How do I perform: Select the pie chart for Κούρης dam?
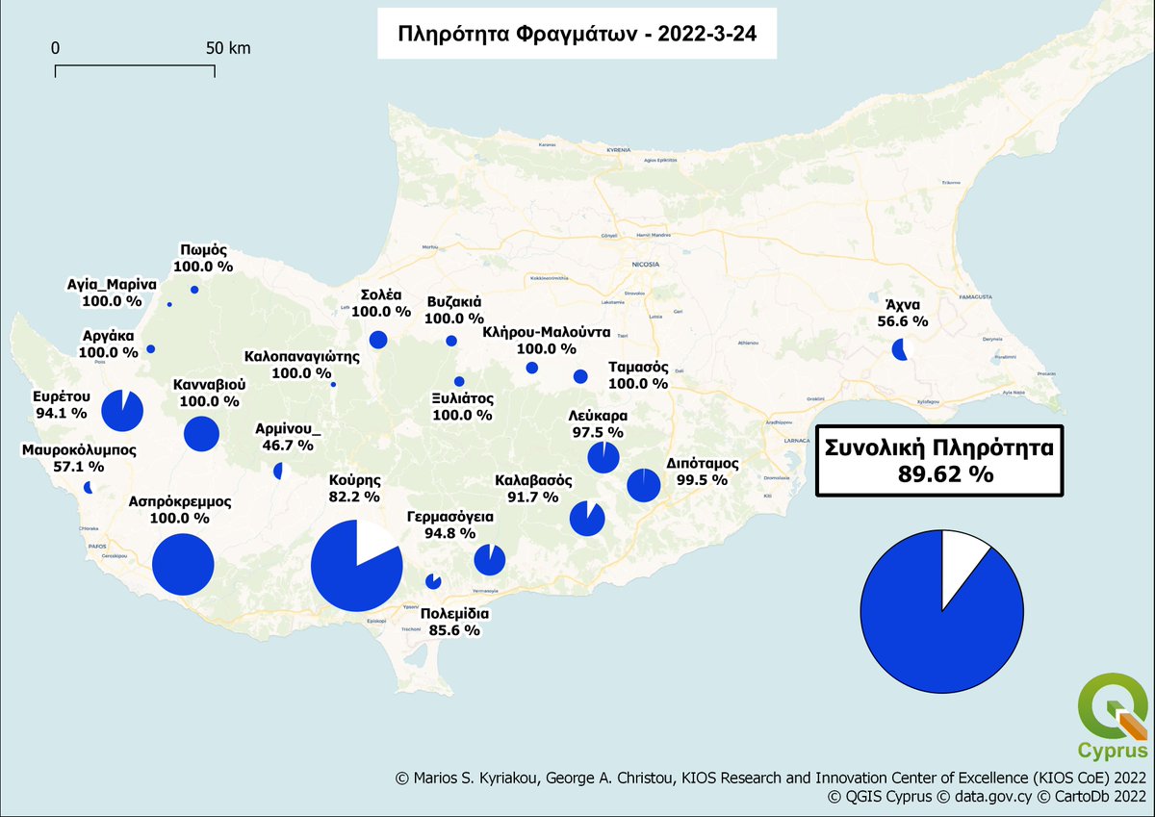pos(356,566)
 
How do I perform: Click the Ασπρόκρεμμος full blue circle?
pos(182,565)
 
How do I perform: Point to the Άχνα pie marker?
pos(900,349)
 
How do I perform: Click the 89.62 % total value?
pos(938,473)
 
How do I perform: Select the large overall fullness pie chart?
pos(942,610)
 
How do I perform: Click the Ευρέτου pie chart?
pos(122,411)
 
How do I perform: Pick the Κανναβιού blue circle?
pos(201,434)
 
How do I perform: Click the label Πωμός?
pos(202,248)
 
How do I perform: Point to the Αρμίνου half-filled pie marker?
pos(279,471)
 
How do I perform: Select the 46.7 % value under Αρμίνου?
pos(288,446)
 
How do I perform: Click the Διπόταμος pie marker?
pos(643,485)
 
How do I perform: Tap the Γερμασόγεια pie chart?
pos(490,559)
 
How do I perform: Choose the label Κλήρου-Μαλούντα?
pos(547,332)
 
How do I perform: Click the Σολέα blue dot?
pos(378,340)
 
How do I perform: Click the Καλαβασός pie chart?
pos(586,519)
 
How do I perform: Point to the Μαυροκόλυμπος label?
pos(79,449)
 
